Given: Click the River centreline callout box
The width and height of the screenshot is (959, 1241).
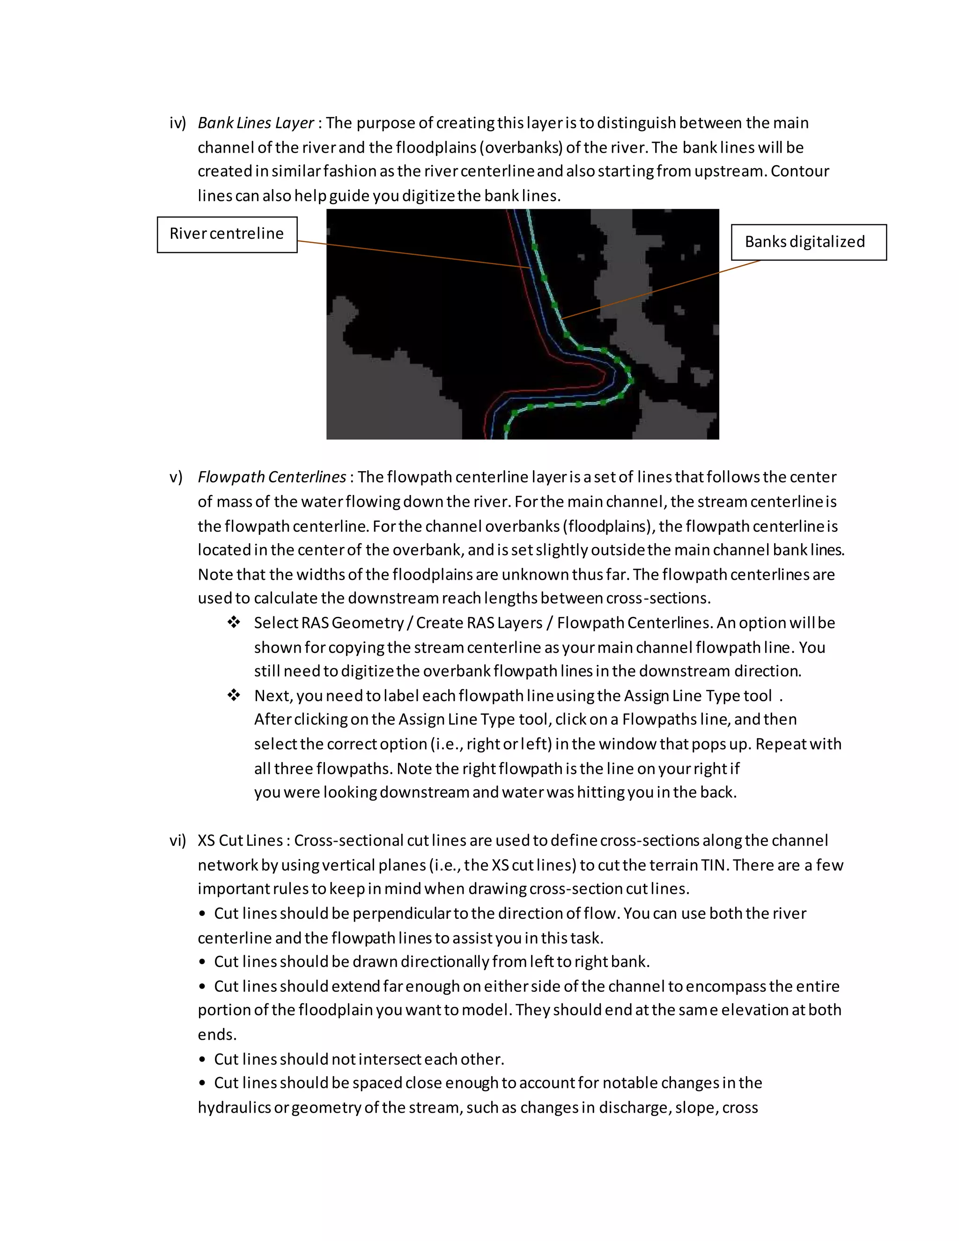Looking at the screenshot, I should coord(227,234).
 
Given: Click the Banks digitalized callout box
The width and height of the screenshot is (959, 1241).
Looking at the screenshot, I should coord(808,242).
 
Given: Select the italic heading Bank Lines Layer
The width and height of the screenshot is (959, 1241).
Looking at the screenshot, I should coord(256,123).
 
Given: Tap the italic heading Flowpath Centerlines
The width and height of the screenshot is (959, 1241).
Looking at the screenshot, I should coord(272,477).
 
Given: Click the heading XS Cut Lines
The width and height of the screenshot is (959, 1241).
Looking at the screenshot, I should coord(240,841).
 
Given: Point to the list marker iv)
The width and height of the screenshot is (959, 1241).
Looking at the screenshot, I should coord(177,123).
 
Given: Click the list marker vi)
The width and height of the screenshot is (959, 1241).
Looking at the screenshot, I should coord(177,841).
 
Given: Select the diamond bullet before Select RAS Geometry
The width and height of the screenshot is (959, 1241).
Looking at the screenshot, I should coord(234,622).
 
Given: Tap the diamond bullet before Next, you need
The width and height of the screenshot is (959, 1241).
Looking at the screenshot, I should coord(234,695).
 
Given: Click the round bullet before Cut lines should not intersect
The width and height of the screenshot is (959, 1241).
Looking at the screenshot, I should coord(202,1060).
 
